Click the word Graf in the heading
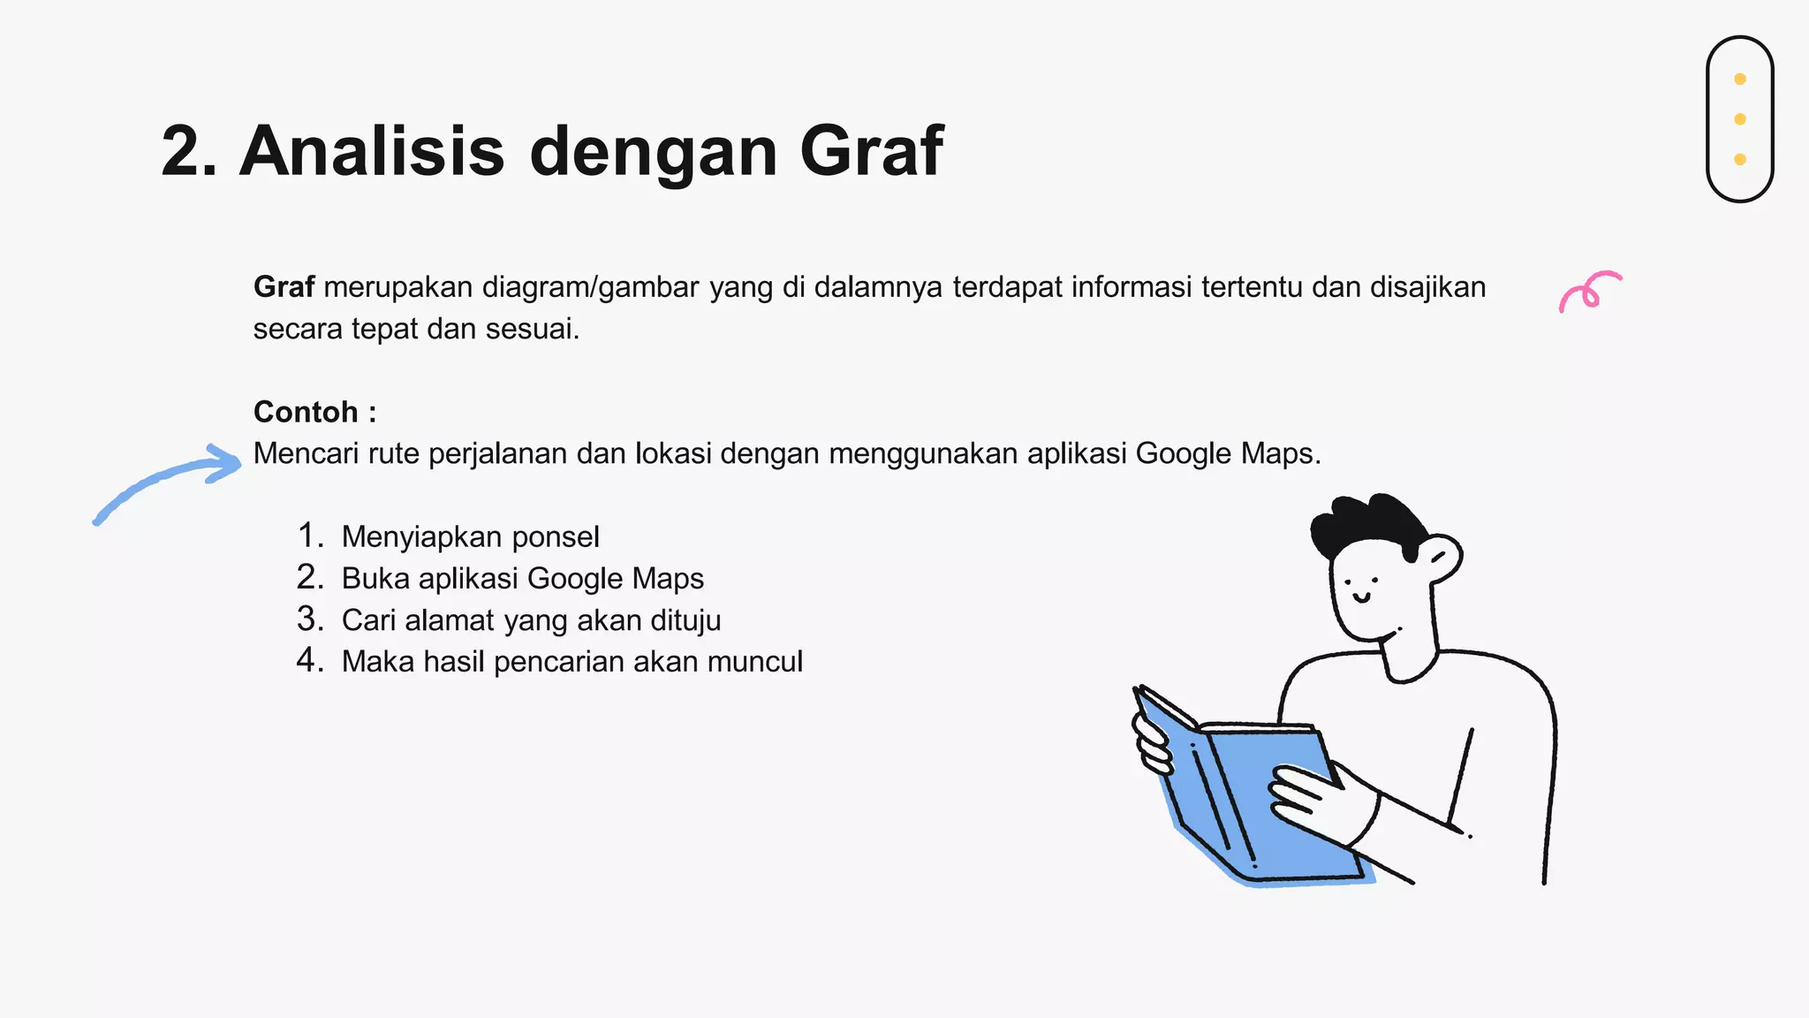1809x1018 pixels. click(x=871, y=151)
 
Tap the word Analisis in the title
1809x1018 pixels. click(x=372, y=151)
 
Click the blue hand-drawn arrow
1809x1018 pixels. click(x=168, y=481)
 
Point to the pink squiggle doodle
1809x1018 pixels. click(x=1589, y=291)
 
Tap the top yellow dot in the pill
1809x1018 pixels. click(x=1739, y=80)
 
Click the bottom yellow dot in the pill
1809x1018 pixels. click(x=1739, y=160)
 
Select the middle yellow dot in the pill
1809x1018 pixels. click(x=1739, y=119)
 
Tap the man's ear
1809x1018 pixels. click(x=1440, y=557)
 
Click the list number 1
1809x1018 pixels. click(x=309, y=536)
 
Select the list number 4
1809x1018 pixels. click(x=309, y=660)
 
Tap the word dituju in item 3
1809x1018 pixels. click(x=685, y=620)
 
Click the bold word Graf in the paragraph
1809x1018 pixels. click(x=284, y=287)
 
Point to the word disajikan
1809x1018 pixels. click(x=1427, y=287)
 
